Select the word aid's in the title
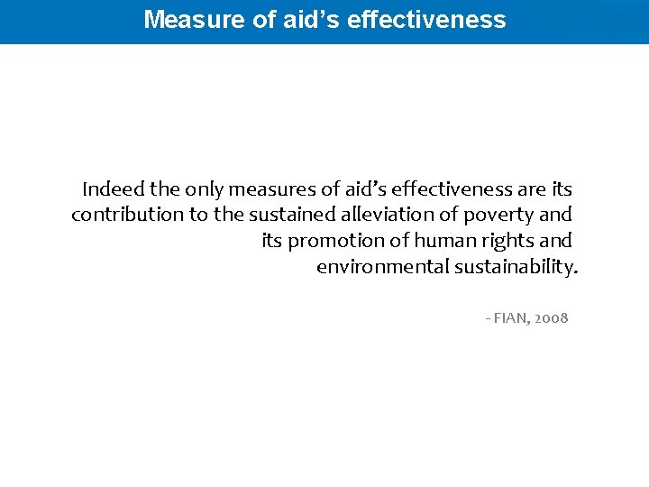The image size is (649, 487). point(308,19)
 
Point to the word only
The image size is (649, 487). point(203,189)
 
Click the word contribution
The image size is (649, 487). point(127,215)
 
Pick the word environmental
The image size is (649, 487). point(382,267)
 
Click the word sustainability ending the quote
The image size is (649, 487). point(515,267)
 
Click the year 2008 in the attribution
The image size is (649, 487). point(552,318)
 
